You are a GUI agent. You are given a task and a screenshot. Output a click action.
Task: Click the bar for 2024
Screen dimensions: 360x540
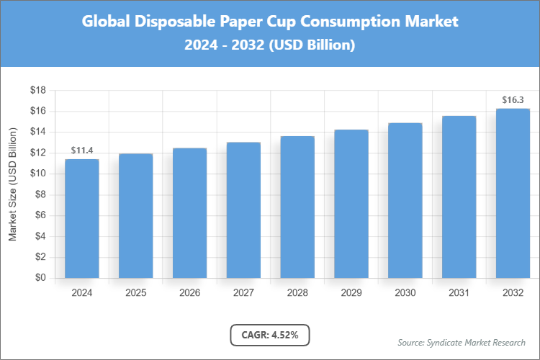click(82, 218)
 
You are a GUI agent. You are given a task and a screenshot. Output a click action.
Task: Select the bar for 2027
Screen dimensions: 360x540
click(243, 210)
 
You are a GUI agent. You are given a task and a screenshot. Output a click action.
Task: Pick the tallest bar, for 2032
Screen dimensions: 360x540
click(513, 193)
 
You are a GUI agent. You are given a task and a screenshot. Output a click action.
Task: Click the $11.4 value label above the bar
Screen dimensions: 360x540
click(82, 150)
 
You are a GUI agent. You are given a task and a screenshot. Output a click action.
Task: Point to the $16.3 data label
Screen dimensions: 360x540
click(513, 99)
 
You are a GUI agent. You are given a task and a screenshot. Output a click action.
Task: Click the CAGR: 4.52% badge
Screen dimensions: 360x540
click(269, 334)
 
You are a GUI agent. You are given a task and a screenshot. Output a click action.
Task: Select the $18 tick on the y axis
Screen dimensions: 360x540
click(37, 91)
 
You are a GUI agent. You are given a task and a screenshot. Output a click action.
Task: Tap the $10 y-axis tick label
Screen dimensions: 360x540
click(37, 174)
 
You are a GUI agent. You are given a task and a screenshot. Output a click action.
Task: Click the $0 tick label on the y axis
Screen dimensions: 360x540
click(40, 278)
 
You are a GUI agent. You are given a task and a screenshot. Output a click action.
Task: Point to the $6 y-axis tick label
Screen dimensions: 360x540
click(40, 215)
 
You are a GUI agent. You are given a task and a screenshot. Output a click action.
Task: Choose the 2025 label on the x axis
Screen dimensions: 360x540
click(135, 293)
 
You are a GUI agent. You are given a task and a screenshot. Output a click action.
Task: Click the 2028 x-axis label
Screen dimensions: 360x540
click(297, 293)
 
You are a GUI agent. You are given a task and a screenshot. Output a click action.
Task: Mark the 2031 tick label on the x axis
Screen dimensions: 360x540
click(459, 293)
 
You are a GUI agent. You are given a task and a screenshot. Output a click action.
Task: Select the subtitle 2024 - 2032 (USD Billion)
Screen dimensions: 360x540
click(269, 45)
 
